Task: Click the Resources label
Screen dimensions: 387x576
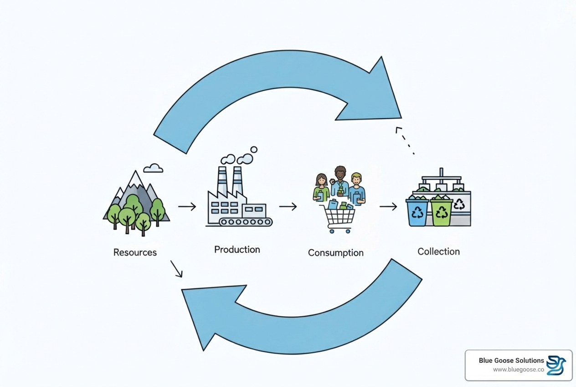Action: click(135, 252)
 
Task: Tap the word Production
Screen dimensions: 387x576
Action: click(237, 249)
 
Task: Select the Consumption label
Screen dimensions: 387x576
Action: click(335, 252)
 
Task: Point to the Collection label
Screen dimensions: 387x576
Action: click(438, 251)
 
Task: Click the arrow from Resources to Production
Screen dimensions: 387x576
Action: click(187, 207)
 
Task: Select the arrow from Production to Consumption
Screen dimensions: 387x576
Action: click(288, 207)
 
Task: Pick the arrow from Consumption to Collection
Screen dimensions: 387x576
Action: click(388, 207)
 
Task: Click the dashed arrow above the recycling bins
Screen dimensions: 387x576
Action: click(404, 140)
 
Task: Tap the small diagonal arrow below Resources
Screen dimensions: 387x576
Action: click(176, 269)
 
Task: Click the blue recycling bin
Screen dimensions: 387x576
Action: click(417, 212)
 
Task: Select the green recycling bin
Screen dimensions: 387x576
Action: click(441, 212)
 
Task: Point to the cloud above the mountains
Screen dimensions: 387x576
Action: click(153, 168)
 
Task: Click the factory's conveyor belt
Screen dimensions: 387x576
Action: click(245, 222)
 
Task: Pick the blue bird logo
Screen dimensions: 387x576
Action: click(556, 365)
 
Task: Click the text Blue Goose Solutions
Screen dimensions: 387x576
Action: click(511, 361)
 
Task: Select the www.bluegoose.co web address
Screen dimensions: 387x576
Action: click(519, 370)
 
